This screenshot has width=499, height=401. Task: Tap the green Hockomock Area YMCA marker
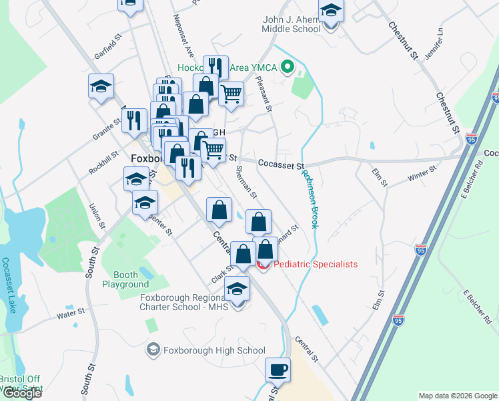click(288, 67)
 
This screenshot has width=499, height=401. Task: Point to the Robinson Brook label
click(311, 198)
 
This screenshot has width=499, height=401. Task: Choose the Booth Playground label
click(121, 279)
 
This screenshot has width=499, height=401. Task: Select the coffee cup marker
click(278, 369)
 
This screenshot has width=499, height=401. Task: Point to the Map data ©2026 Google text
click(457, 396)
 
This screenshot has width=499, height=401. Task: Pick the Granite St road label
click(107, 125)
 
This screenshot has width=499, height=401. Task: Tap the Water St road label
click(70, 312)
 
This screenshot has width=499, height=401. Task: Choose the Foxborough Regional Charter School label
click(183, 302)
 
